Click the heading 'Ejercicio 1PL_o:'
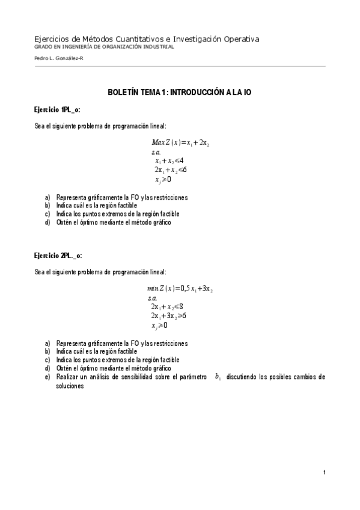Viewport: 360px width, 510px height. click(58, 109)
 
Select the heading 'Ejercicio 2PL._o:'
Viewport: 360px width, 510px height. click(59, 256)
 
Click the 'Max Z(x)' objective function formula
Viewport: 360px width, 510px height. click(180, 143)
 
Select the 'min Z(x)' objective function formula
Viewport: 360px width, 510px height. click(180, 289)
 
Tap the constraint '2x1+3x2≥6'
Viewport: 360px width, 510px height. click(168, 316)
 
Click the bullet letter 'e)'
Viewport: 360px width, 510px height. click(47, 377)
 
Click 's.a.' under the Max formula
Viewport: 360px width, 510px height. click(156, 152)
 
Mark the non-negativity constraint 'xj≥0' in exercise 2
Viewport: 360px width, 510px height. click(160, 325)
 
